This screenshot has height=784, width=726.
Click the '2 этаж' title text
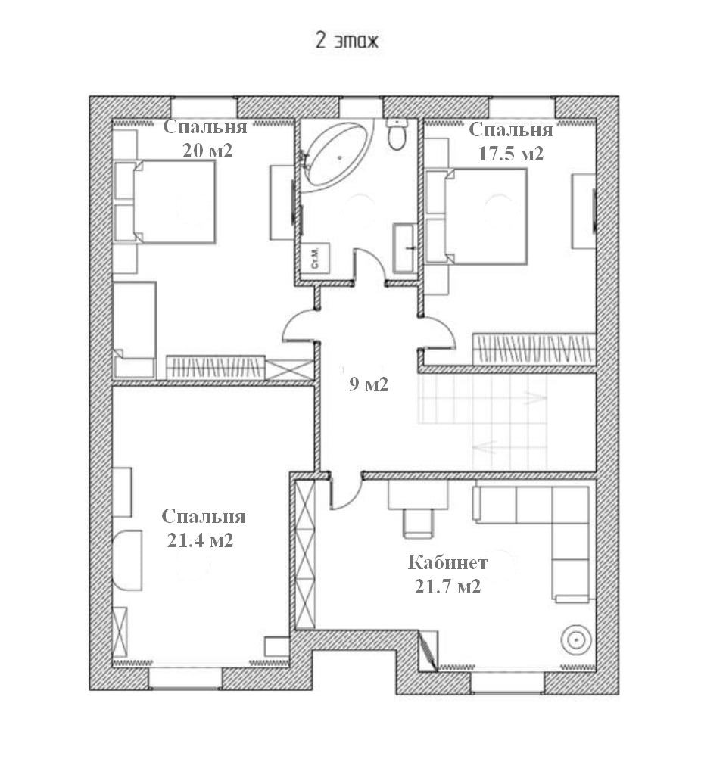pyautogui.click(x=347, y=41)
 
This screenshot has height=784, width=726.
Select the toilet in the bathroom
pyautogui.click(x=396, y=135)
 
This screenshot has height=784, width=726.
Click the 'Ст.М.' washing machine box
pyautogui.click(x=313, y=258)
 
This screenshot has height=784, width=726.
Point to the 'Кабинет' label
pyautogui.click(x=447, y=563)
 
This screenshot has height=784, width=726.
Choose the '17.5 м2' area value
pyautogui.click(x=511, y=154)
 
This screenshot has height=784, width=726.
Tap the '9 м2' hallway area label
pyautogui.click(x=368, y=384)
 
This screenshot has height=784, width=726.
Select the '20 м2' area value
pyautogui.click(x=207, y=150)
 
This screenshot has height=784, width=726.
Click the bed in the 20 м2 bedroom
pyautogui.click(x=173, y=201)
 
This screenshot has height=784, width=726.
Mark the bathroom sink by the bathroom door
pyautogui.click(x=404, y=247)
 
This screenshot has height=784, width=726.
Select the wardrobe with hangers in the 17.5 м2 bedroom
pyautogui.click(x=533, y=349)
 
